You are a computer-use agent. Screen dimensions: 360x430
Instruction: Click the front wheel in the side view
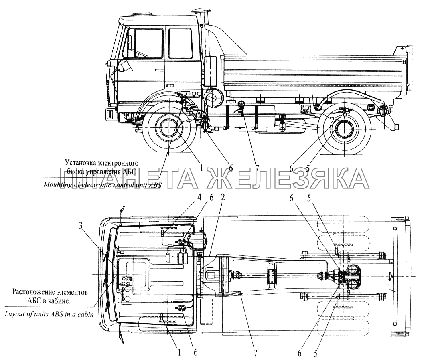(x=169, y=128)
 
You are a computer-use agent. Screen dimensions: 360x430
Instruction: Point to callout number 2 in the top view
(x=223, y=197)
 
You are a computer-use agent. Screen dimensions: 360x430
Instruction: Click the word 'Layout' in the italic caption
(x=16, y=314)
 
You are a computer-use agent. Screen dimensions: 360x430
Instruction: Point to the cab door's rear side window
(x=180, y=43)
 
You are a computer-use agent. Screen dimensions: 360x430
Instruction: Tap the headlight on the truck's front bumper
(x=109, y=114)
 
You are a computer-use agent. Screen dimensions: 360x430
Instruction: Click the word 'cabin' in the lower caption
(x=84, y=314)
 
